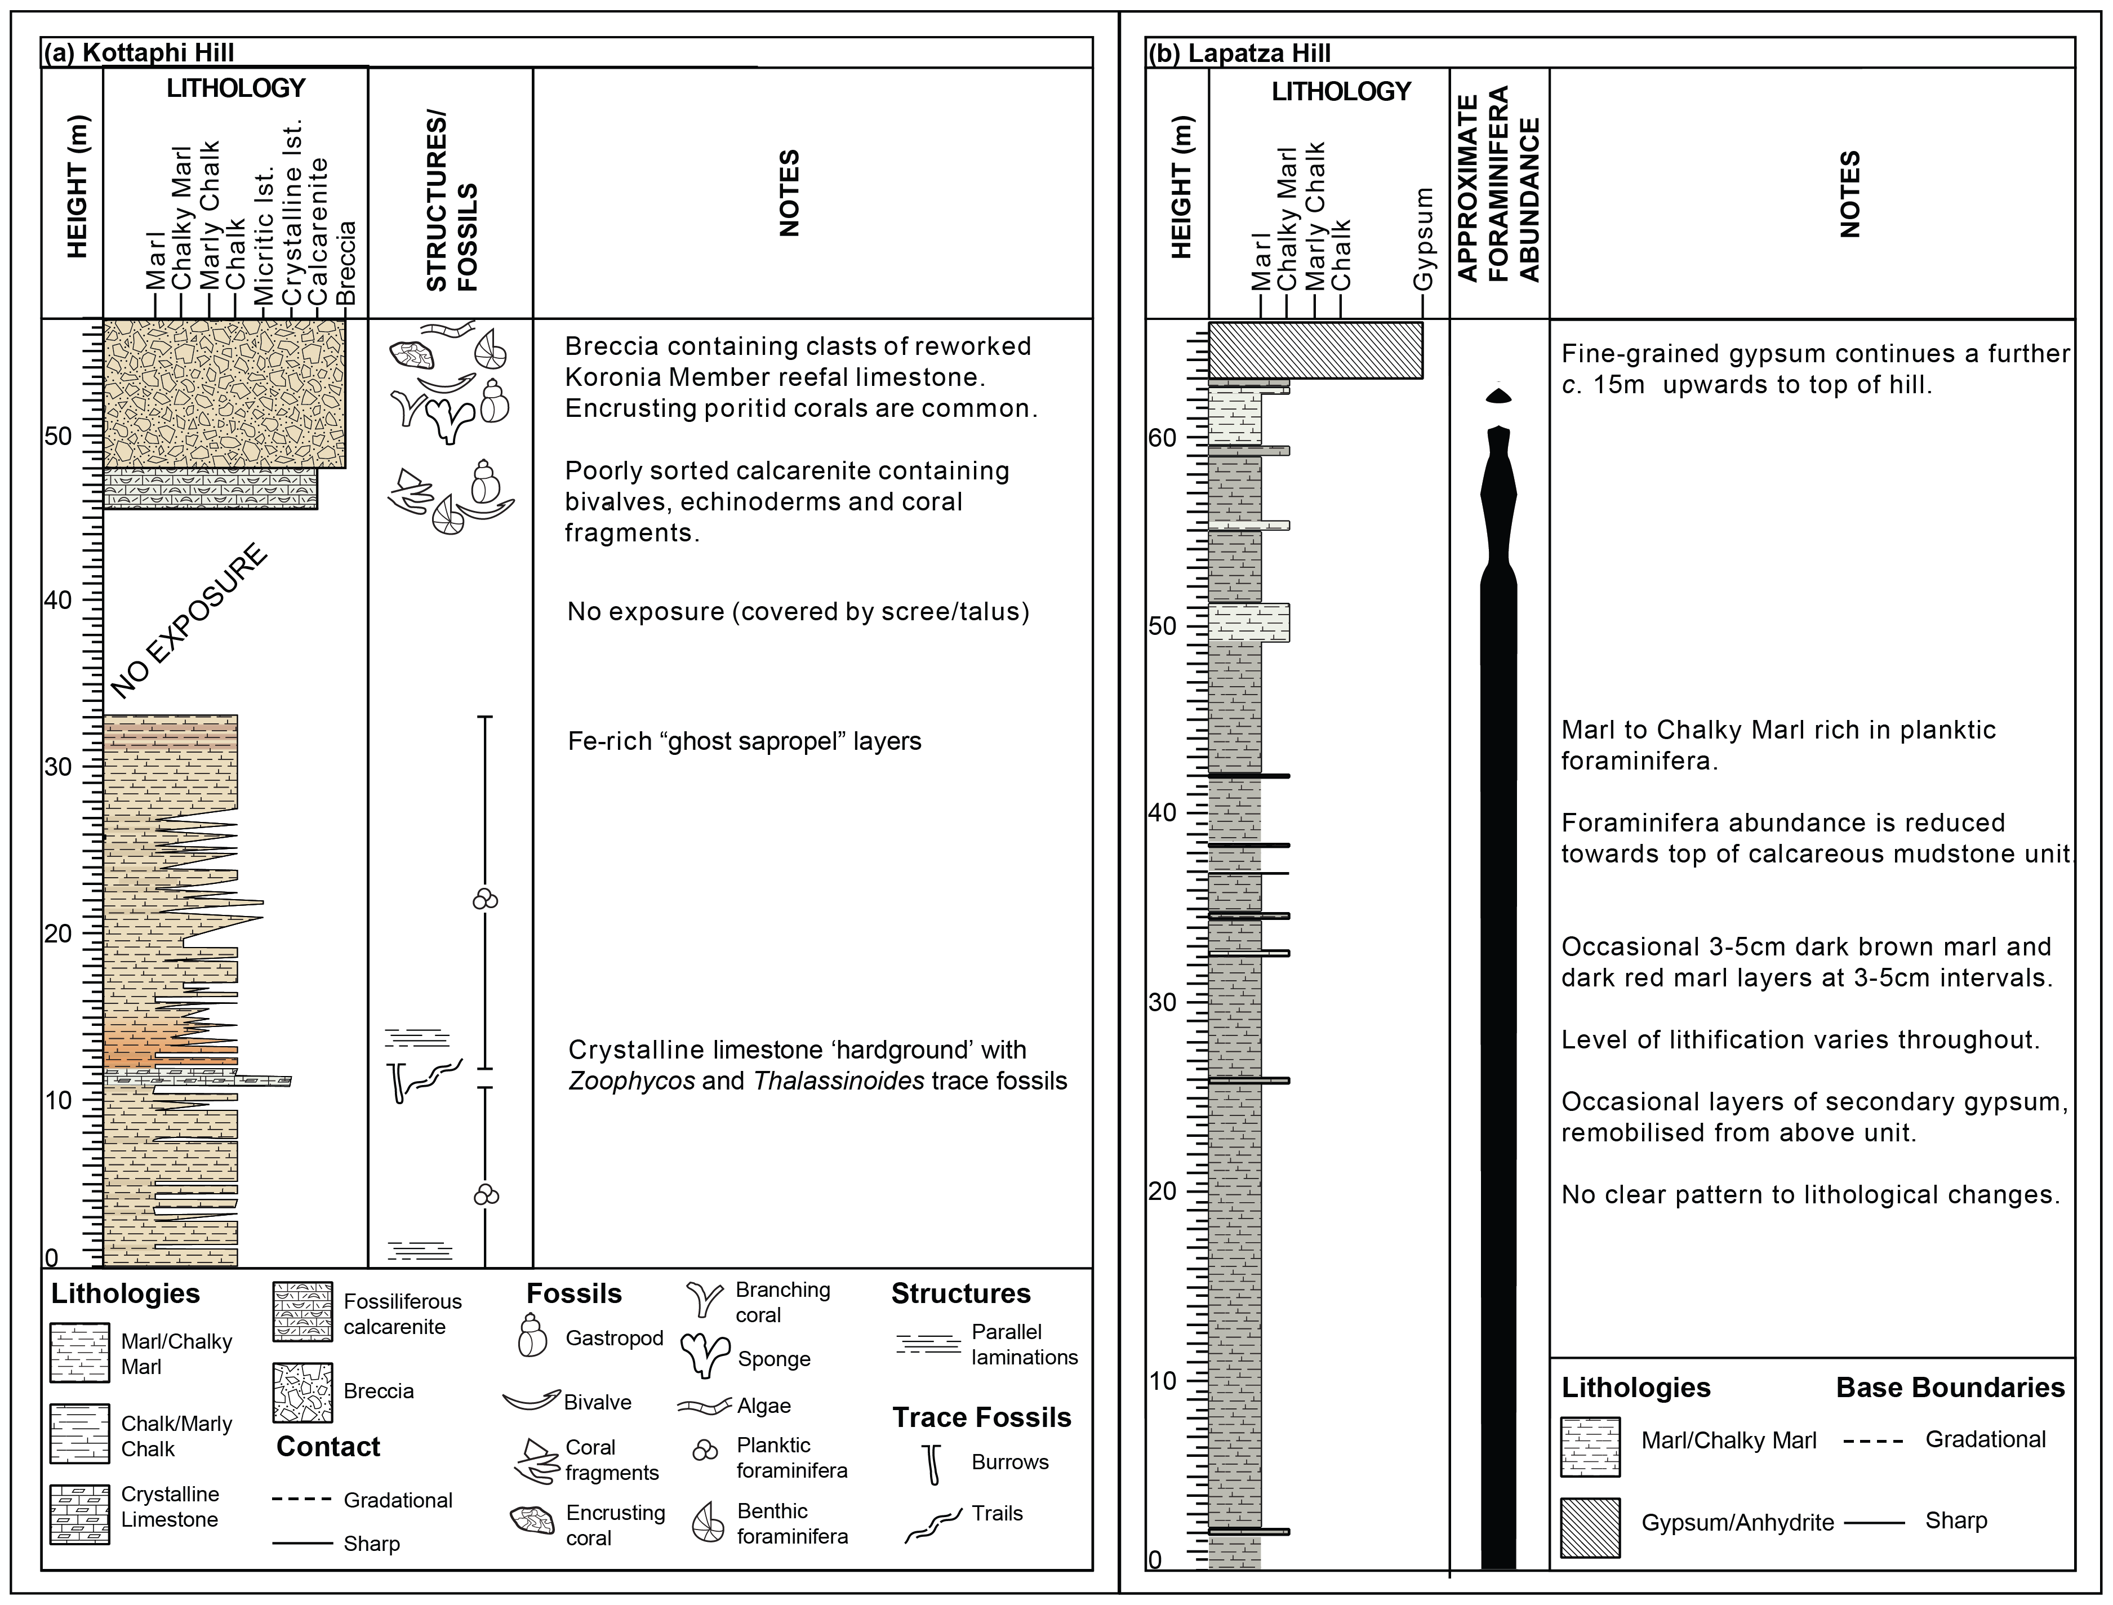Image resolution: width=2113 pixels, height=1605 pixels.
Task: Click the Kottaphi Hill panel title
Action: click(x=139, y=52)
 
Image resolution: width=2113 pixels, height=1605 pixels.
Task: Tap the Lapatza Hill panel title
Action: click(x=1239, y=52)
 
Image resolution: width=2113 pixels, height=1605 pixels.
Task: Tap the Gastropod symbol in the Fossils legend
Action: click(x=532, y=1336)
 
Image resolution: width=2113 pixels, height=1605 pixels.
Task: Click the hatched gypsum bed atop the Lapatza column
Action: click(x=1315, y=350)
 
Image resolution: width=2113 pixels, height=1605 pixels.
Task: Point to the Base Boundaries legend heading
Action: click(x=1950, y=1387)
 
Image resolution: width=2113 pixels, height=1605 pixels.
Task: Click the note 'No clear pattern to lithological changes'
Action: click(x=1810, y=1194)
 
